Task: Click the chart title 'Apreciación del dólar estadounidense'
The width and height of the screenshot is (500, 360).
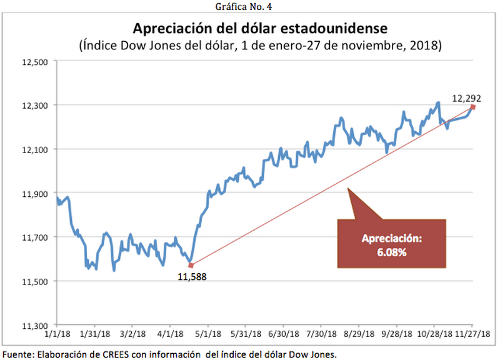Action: tap(259, 29)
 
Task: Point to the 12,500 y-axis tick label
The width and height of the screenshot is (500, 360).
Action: tap(35, 61)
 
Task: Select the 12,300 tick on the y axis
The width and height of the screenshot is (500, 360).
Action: tap(35, 105)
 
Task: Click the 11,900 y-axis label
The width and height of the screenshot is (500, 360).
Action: tap(35, 193)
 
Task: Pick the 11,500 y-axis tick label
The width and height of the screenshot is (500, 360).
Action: tap(35, 281)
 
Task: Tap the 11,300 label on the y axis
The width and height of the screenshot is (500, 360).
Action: tap(35, 325)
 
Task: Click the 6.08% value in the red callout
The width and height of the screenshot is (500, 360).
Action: tap(392, 253)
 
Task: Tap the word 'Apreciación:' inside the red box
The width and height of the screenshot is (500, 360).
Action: tap(392, 239)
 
